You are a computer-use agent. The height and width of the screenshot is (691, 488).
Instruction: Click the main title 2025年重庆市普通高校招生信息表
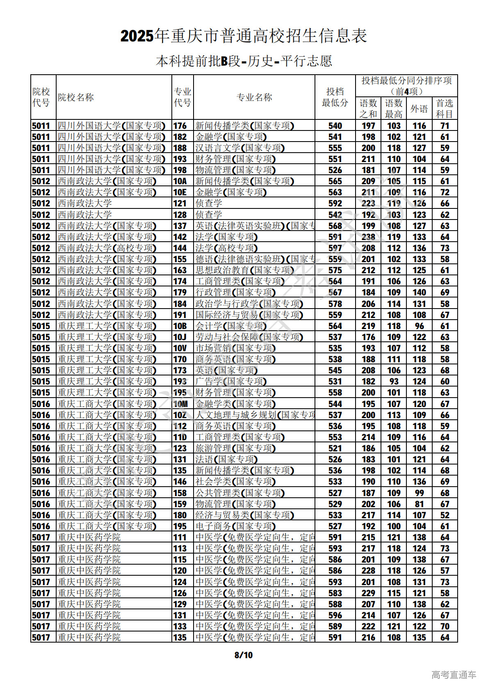coord(244,36)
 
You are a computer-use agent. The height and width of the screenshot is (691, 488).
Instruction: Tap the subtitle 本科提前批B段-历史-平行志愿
coord(244,61)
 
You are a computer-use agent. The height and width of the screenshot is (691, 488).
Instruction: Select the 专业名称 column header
coord(254,97)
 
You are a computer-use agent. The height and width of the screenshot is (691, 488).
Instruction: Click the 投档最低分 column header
coord(335,97)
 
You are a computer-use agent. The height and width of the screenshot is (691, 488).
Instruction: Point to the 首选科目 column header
coord(445,109)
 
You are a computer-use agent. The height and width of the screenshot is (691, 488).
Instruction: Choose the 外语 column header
coord(419,109)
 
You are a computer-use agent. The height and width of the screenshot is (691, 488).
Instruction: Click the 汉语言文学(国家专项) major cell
coord(240,148)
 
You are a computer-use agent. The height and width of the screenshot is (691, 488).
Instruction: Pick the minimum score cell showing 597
coord(335,248)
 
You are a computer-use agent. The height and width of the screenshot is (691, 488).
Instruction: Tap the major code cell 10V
coord(180,348)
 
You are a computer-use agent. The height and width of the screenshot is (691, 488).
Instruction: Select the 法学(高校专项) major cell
coord(226,248)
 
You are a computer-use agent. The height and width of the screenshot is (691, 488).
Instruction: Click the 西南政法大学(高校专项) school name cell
coord(107,248)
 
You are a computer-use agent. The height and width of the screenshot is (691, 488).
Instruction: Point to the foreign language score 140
coord(419,293)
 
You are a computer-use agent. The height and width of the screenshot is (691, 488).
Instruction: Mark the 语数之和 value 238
coord(368,237)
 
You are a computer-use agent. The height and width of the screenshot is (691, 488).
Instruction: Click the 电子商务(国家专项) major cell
coord(235,526)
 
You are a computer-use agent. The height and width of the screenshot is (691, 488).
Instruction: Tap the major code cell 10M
coord(180,404)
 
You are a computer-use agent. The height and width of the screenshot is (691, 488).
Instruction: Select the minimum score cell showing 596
coord(335,615)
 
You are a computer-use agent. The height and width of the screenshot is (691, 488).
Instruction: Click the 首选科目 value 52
coord(445,515)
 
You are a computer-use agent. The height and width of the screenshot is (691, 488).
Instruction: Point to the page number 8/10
coord(244,655)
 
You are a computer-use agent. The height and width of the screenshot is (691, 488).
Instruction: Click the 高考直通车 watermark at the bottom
coord(454,675)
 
